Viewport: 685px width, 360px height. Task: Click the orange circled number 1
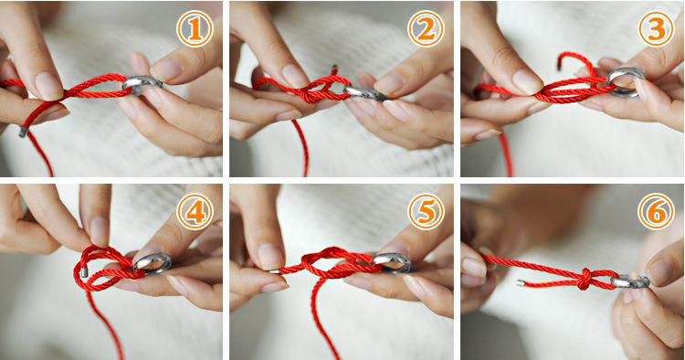(x=195, y=29)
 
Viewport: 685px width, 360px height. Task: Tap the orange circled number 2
(x=426, y=29)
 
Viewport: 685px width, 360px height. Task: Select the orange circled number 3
(x=656, y=29)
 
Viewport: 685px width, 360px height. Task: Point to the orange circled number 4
(x=195, y=211)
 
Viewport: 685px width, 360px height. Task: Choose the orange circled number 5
(x=426, y=211)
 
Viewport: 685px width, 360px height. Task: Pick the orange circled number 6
(x=656, y=211)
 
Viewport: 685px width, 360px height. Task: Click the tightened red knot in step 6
(x=585, y=280)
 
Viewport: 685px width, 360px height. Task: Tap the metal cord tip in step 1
(x=23, y=132)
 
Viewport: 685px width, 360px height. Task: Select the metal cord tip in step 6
(x=520, y=283)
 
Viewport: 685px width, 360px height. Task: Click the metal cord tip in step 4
(x=84, y=273)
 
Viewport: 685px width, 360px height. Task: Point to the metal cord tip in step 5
(x=274, y=271)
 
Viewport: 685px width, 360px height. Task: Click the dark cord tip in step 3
(x=559, y=67)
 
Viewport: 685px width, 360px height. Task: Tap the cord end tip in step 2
(x=335, y=69)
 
